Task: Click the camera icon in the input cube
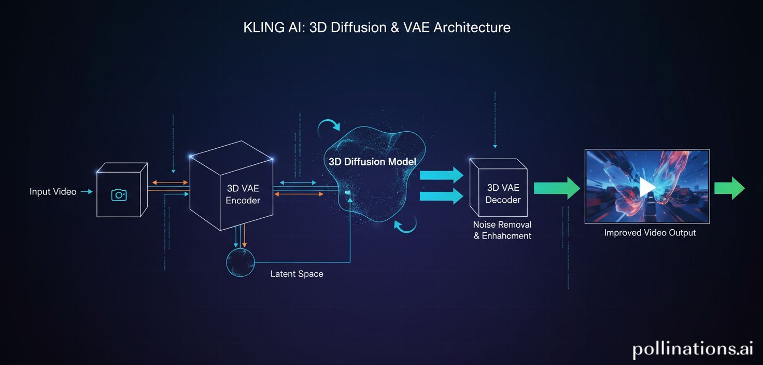pos(119,195)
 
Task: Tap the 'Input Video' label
pos(53,192)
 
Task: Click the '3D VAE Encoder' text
pos(243,194)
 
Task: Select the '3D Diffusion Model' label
pos(372,162)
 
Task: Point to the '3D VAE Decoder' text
pos(503,193)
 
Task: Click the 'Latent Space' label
pos(296,274)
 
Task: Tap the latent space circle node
pos(241,262)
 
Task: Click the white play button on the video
pos(646,187)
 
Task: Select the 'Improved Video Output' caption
pos(649,233)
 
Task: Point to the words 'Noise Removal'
pos(502,225)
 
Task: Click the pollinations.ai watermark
pos(693,349)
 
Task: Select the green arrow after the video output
pos(729,188)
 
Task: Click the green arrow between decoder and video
pos(557,188)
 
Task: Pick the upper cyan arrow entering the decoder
pos(441,175)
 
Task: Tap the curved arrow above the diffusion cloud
pos(330,125)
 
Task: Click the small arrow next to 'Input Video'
pos(87,192)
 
